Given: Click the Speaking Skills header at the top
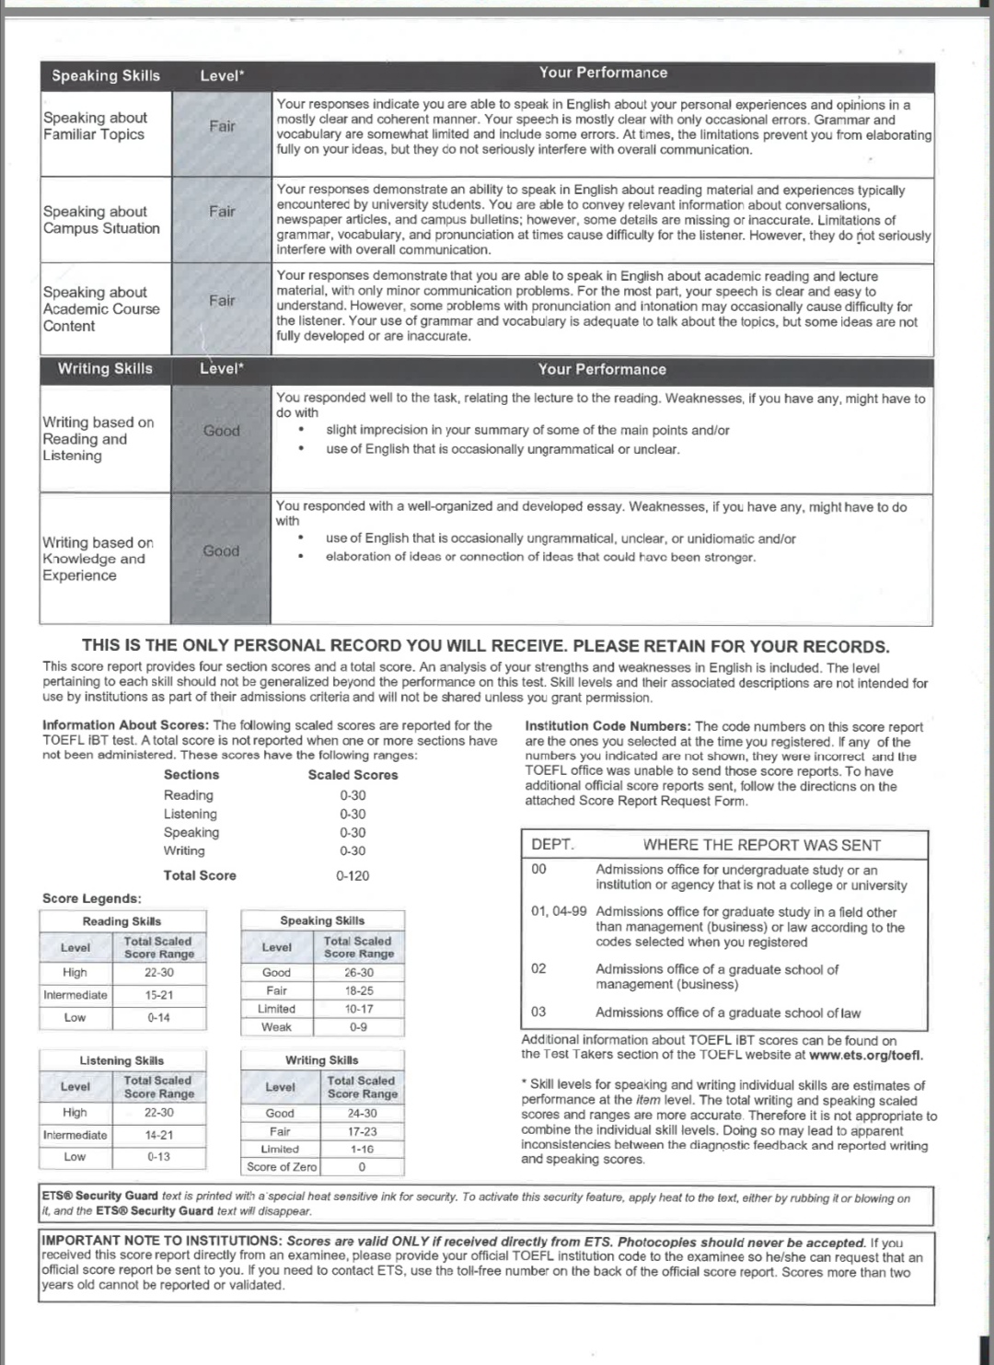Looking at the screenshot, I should click(105, 75).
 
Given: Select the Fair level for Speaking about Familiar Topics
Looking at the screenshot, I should click(222, 126).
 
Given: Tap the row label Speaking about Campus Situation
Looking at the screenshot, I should click(101, 220).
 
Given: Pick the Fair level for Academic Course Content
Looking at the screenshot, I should click(222, 300).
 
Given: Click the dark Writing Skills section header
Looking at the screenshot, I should click(105, 368).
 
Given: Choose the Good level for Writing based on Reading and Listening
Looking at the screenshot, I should click(221, 430).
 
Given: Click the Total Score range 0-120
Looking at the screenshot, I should click(353, 875).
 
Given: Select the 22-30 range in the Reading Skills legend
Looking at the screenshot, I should click(158, 972).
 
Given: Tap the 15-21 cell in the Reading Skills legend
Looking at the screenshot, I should click(158, 995).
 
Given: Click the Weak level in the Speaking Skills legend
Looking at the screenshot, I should click(276, 1026).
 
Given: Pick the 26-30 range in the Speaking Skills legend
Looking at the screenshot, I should click(359, 972).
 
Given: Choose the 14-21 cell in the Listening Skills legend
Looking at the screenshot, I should click(158, 1135).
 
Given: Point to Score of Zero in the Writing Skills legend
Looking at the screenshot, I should click(281, 1166).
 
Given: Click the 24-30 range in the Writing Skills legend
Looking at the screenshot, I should click(362, 1113).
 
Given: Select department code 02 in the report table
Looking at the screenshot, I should click(539, 968).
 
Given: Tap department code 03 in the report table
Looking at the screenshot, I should click(539, 1012).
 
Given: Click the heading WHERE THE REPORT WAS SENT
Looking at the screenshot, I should click(761, 845).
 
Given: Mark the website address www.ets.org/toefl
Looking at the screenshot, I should click(865, 1055).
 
